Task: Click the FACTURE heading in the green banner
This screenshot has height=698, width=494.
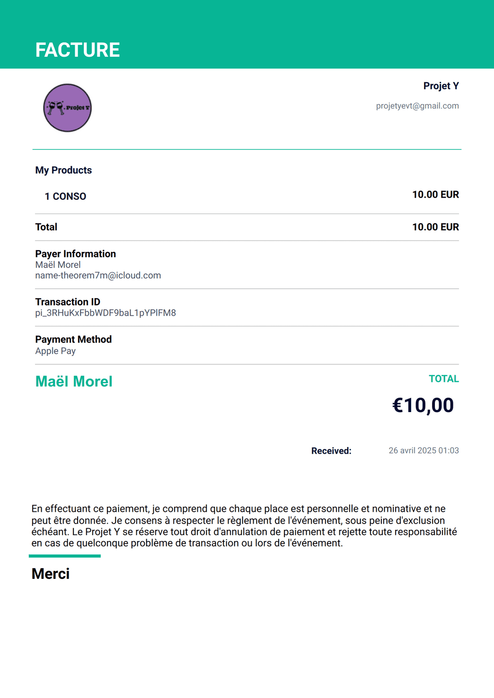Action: click(x=78, y=50)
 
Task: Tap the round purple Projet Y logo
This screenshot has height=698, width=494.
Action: click(x=67, y=108)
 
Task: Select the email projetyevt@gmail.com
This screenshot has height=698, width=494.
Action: click(x=417, y=106)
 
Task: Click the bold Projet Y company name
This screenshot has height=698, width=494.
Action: click(x=441, y=86)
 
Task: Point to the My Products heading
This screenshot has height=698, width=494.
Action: click(x=63, y=170)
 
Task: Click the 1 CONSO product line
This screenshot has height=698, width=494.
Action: click(x=65, y=197)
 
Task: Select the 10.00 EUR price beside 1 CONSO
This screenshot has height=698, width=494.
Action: click(x=435, y=195)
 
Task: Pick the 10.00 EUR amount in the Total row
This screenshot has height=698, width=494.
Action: click(x=435, y=227)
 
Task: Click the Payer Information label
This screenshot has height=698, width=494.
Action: click(x=75, y=254)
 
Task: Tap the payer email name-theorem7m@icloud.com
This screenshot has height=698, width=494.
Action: click(x=98, y=276)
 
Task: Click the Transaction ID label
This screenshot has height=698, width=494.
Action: click(x=68, y=302)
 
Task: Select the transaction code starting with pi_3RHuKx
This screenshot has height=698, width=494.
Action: click(x=106, y=313)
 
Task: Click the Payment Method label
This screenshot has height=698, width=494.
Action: click(x=73, y=339)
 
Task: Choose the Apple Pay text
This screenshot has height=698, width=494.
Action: click(x=55, y=351)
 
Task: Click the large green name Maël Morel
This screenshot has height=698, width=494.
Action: click(x=74, y=381)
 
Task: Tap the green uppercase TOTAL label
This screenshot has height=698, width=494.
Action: click(x=443, y=379)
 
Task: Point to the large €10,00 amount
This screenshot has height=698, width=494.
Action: click(x=423, y=405)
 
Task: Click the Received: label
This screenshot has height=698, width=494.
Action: click(x=331, y=451)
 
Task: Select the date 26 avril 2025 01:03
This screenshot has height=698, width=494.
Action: click(x=423, y=451)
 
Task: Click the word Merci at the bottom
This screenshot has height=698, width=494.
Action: click(x=51, y=574)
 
